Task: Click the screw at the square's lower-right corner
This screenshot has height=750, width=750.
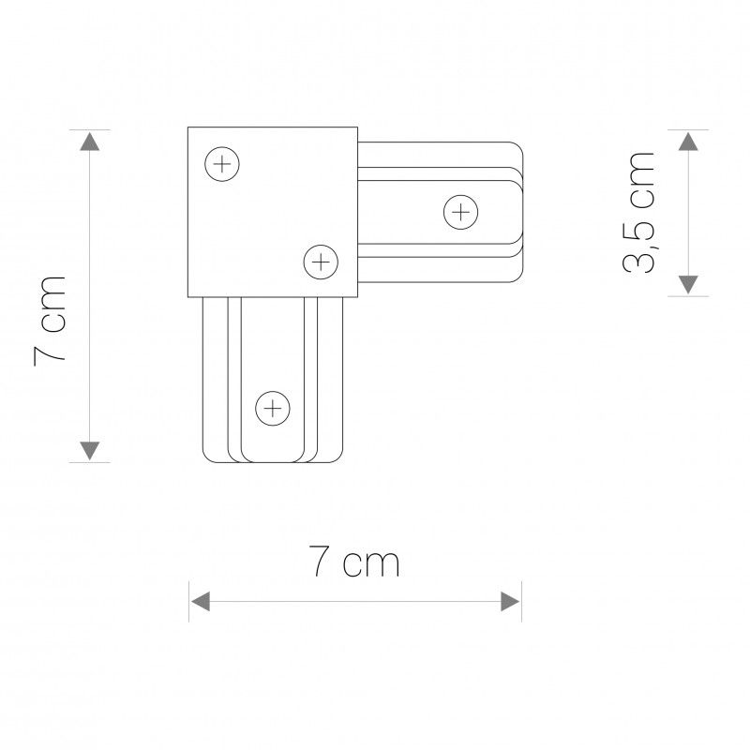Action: pyautogui.click(x=321, y=262)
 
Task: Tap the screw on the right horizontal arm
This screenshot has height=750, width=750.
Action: pyautogui.click(x=460, y=212)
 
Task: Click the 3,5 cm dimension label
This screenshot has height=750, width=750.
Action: pyautogui.click(x=640, y=211)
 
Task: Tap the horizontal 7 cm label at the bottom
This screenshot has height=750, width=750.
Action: pyautogui.click(x=354, y=562)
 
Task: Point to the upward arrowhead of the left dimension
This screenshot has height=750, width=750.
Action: pyautogui.click(x=88, y=142)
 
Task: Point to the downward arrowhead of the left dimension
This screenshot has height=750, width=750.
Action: pyautogui.click(x=88, y=450)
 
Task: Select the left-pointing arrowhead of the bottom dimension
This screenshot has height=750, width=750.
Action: pyautogui.click(x=200, y=600)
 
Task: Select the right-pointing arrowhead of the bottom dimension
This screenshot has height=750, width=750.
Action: pyautogui.click(x=511, y=600)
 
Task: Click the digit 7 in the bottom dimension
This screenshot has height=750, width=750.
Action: pyautogui.click(x=321, y=562)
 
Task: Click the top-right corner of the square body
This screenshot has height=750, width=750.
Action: pyautogui.click(x=356, y=128)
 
